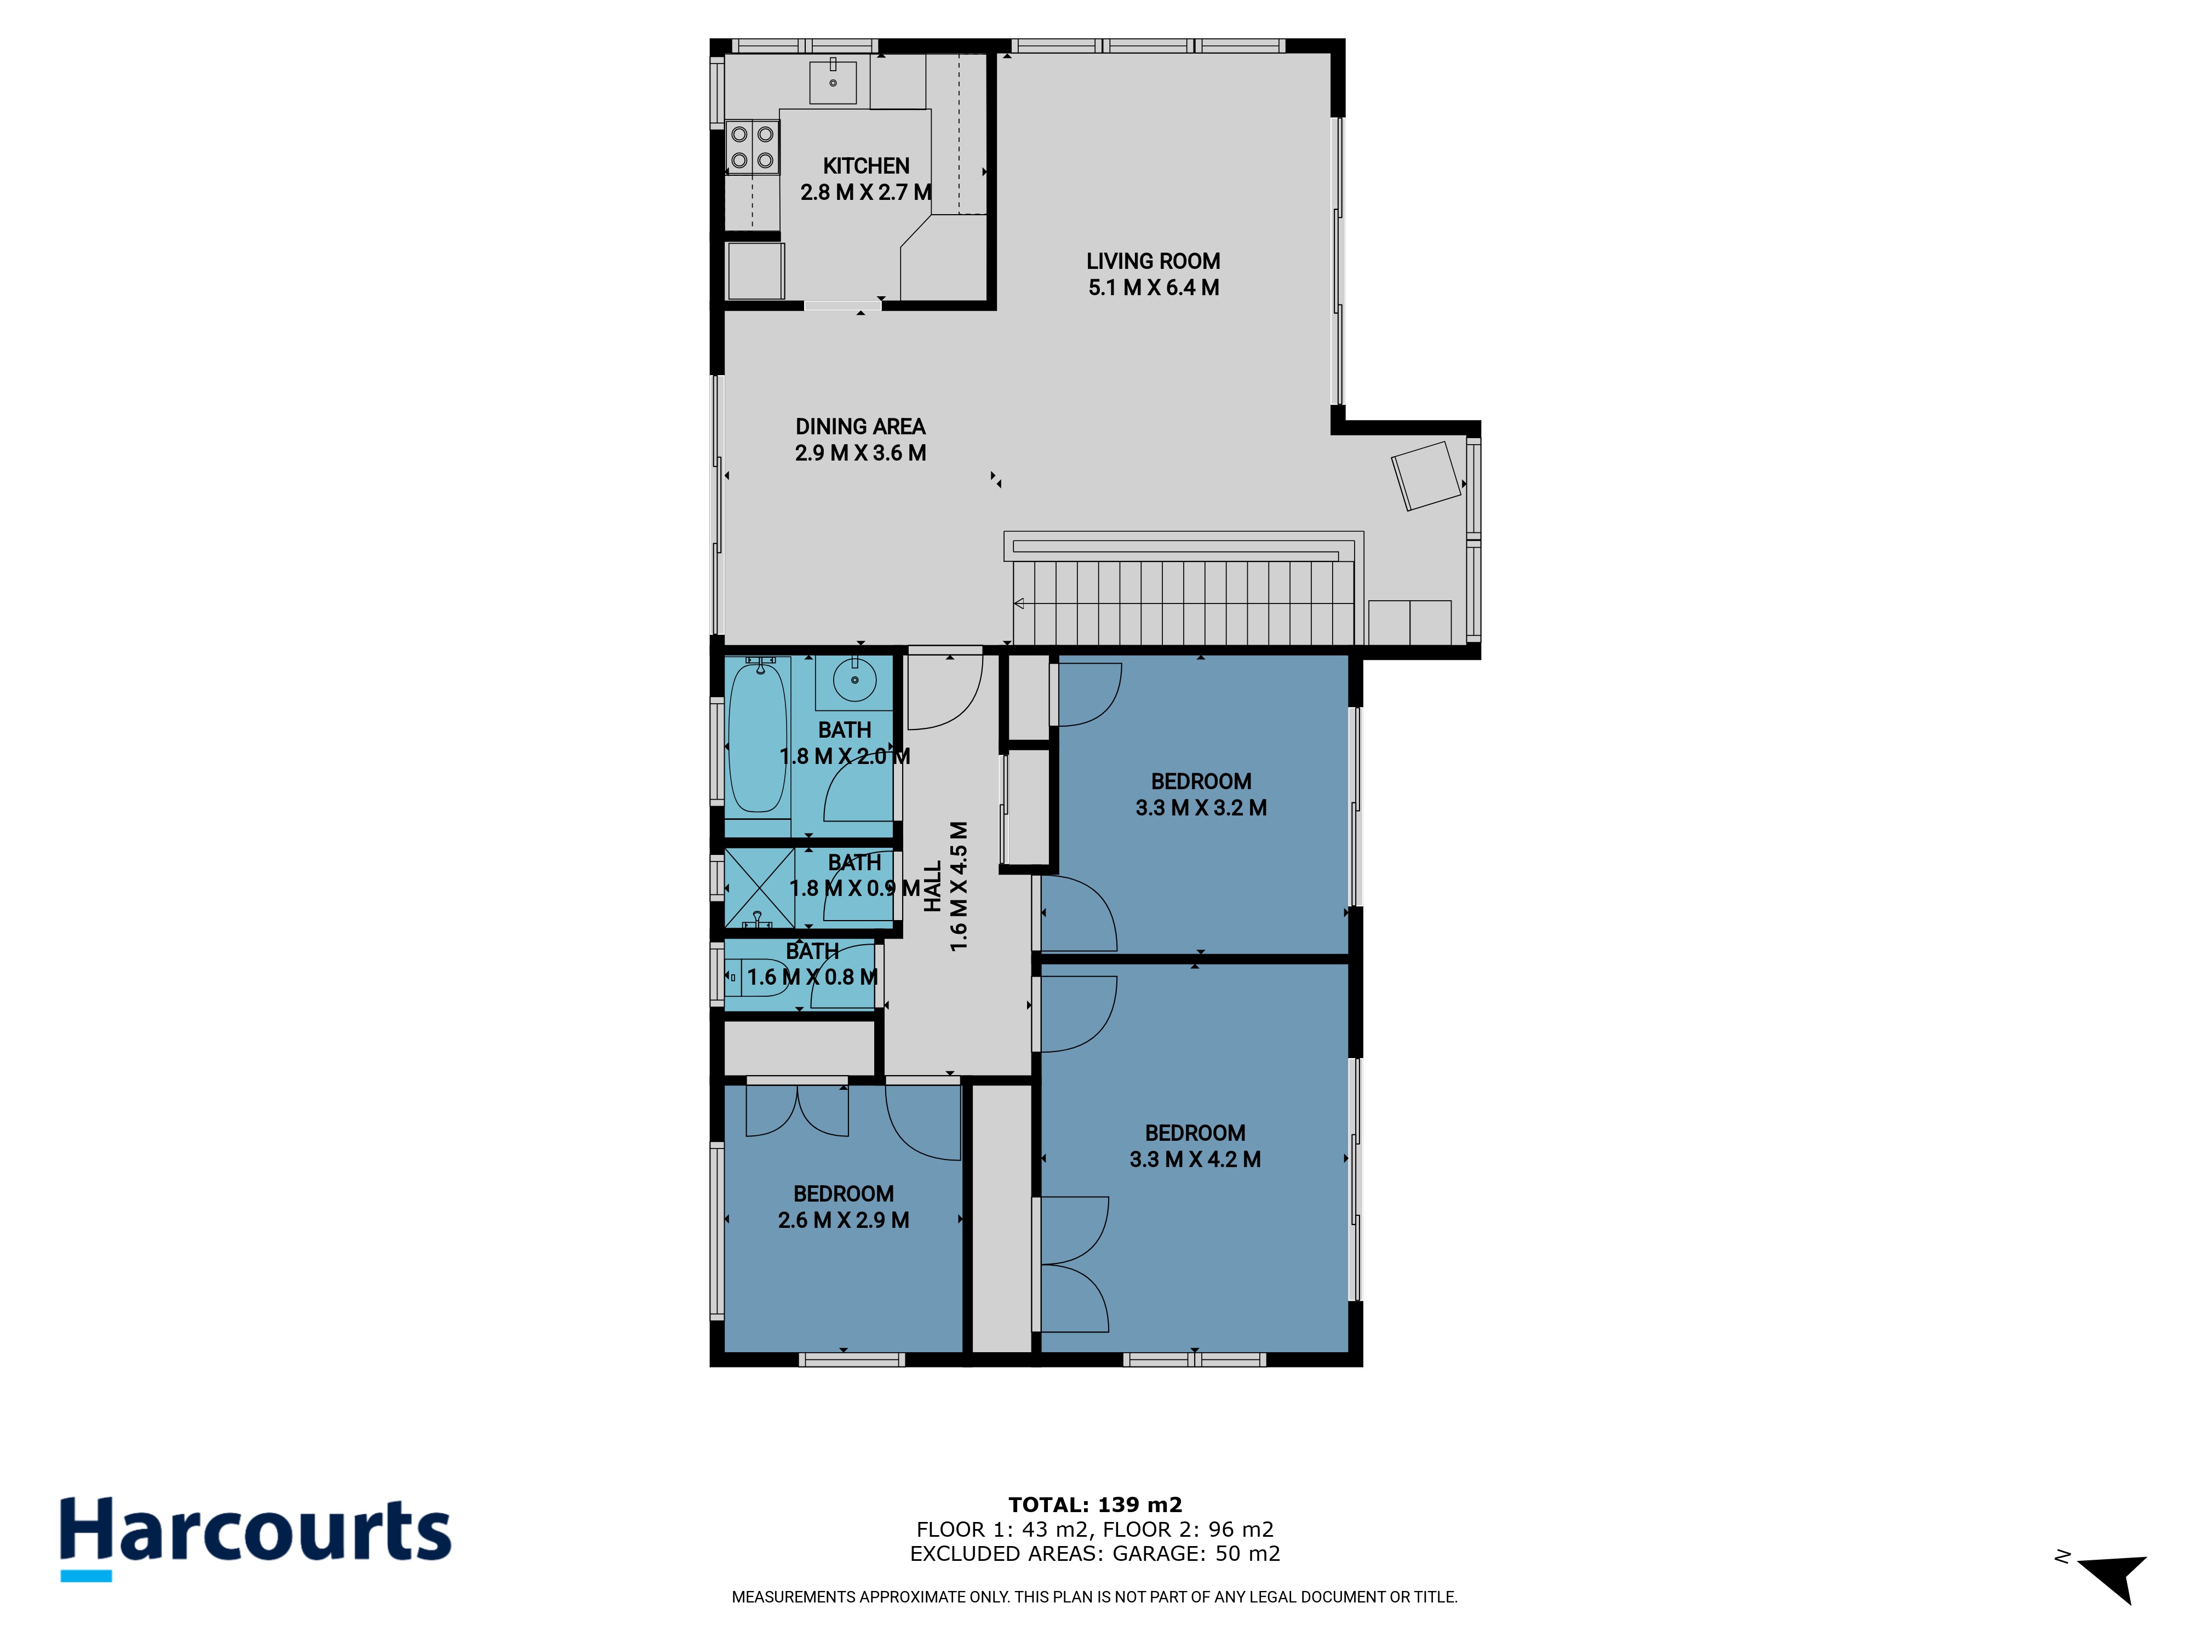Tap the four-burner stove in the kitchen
pyautogui.click(x=753, y=147)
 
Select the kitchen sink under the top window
pyautogui.click(x=833, y=81)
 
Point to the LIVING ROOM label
pyautogui.click(x=1153, y=261)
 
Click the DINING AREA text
pyautogui.click(x=860, y=427)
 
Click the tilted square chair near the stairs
pyautogui.click(x=1426, y=475)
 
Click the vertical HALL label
pyautogui.click(x=932, y=886)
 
